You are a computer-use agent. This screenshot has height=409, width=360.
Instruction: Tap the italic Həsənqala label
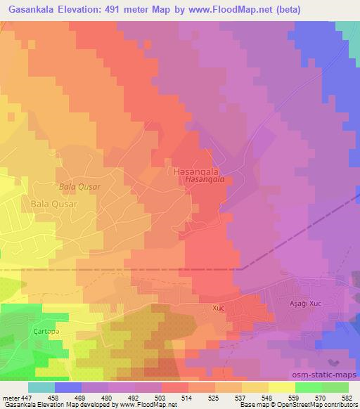205,179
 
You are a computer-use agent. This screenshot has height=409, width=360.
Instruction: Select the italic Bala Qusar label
80,188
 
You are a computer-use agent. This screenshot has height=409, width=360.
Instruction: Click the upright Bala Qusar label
53,204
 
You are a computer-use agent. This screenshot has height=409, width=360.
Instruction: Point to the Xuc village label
218,308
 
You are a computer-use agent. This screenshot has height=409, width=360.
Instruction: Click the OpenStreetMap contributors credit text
319,405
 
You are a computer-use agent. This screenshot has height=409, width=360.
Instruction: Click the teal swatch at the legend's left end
41,387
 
